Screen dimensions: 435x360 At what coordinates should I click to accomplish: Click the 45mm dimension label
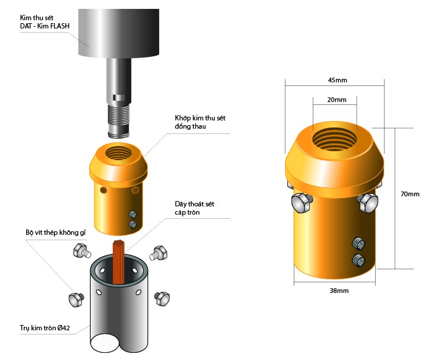pos(337,80)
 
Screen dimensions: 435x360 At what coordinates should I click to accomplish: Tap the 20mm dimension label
pos(337,100)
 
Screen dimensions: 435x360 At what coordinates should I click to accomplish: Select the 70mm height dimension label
pos(410,194)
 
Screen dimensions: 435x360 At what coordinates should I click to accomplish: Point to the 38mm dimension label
pos(339,291)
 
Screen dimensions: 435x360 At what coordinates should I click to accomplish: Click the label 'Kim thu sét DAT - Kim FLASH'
pos(45,22)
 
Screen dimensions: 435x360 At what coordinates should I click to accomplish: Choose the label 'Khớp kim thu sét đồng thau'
pos(200,122)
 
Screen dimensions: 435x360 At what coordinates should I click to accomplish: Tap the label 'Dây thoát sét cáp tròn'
pos(195,208)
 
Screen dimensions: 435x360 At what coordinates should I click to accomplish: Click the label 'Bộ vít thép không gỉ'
pos(56,232)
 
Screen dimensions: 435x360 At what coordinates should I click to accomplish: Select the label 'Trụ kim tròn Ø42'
pos(45,328)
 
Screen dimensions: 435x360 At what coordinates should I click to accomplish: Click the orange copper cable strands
pos(119,262)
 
